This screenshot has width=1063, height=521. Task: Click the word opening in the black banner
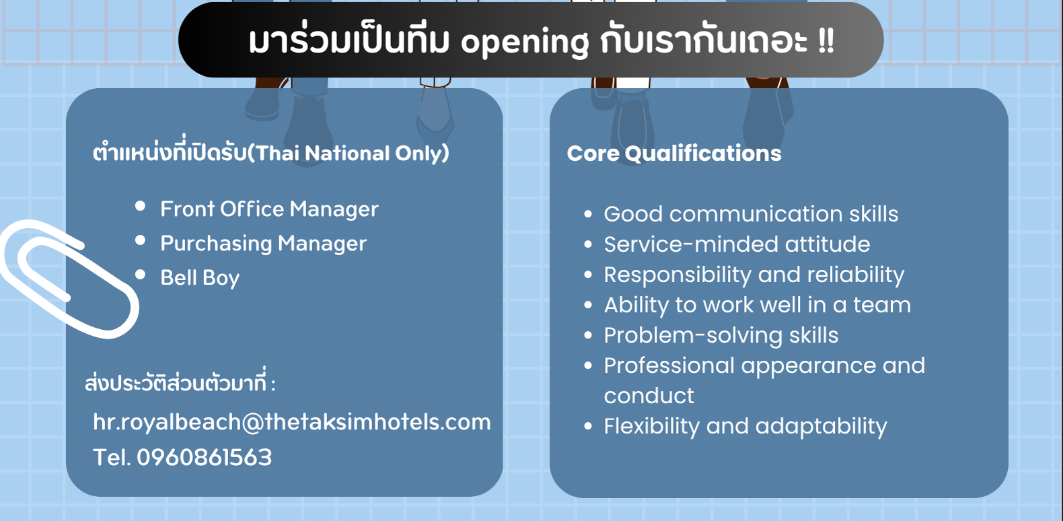[x=524, y=43]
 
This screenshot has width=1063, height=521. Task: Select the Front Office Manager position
[x=269, y=209]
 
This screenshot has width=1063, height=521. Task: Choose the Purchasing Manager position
[x=263, y=244]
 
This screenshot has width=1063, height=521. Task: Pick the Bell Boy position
[x=200, y=278]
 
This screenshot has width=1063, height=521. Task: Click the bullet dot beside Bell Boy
[x=140, y=275]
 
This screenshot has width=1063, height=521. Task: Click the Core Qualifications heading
[x=674, y=153]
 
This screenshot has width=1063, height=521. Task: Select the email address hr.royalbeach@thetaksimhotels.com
[x=292, y=422]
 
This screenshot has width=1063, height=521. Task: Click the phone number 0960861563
[x=204, y=457]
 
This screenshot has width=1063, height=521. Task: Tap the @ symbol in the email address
[x=253, y=422]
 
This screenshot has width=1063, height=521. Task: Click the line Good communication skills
[x=751, y=214]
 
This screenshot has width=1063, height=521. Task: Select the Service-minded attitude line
[x=737, y=244]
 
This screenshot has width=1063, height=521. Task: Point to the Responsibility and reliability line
[x=754, y=275]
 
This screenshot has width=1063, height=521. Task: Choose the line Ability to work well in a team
[x=758, y=305]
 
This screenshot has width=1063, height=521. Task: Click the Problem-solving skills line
[x=721, y=335]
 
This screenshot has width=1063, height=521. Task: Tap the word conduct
[x=649, y=396]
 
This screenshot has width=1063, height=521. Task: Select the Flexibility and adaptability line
[x=745, y=427]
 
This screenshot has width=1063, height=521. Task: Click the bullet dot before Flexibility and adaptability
[x=588, y=426]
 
